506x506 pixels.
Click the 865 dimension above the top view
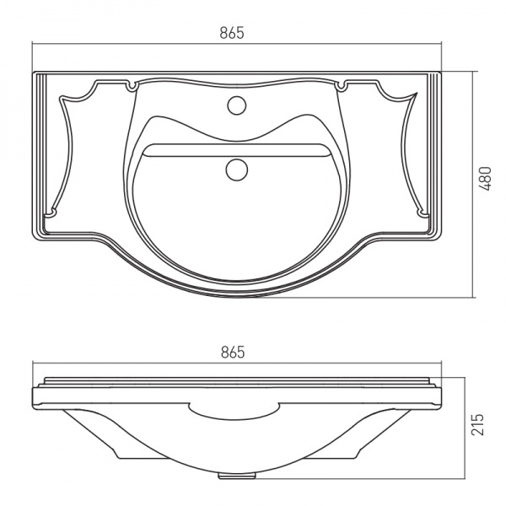point(232,33)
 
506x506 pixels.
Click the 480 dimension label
point(485,179)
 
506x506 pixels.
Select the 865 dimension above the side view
point(233,352)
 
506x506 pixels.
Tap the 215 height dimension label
point(478,424)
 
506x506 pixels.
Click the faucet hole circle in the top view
point(237,105)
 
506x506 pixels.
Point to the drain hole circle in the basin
point(237,170)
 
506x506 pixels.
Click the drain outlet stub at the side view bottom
point(237,476)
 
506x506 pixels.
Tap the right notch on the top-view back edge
point(342,86)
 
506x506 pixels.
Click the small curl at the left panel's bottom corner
point(51,213)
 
